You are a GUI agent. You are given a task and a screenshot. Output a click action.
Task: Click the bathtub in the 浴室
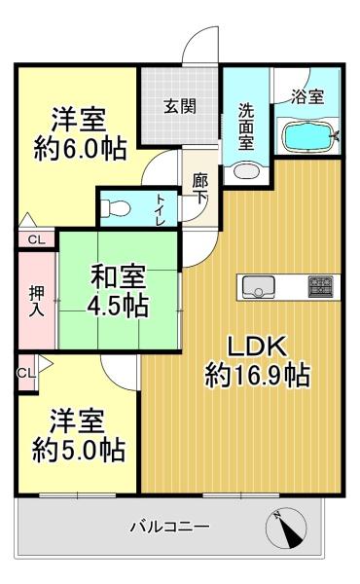[309, 136]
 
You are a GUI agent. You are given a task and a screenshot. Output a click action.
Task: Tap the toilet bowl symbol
[116, 208]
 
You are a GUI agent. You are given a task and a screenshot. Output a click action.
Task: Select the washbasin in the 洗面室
[246, 172]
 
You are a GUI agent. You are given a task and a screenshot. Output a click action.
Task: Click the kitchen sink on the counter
[259, 286]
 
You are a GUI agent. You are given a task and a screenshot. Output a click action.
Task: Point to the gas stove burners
[321, 286]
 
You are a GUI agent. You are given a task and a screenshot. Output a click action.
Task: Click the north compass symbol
[286, 528]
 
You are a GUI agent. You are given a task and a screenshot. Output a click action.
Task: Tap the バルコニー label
[169, 527]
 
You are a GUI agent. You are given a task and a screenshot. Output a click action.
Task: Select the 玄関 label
[180, 107]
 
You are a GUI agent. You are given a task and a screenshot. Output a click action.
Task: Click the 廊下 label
[199, 190]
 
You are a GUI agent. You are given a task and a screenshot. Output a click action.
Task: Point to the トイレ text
[161, 209]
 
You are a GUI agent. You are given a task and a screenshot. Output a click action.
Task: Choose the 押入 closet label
[36, 302]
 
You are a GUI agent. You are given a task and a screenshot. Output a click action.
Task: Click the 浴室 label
[307, 96]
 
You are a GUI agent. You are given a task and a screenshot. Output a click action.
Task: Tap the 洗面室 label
[246, 127]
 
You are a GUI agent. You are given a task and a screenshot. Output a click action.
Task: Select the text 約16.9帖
[258, 375]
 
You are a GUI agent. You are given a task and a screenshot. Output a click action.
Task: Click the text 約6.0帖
[80, 149]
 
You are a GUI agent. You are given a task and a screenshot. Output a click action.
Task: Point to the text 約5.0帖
[79, 451]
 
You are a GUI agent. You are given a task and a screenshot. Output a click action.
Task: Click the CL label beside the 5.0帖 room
[26, 373]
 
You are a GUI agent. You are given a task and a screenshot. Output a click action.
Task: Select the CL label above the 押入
[37, 239]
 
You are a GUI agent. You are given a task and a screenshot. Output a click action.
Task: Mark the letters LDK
[258, 346]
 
